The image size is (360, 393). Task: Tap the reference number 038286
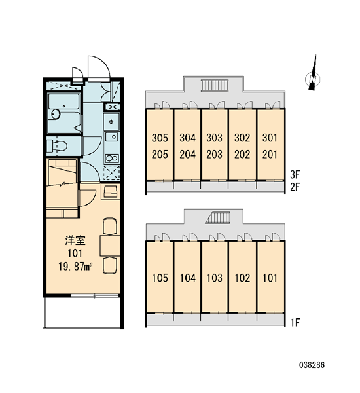click(x=312, y=365)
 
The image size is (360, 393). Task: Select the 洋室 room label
click(x=75, y=240)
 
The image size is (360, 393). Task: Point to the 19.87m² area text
click(x=75, y=267)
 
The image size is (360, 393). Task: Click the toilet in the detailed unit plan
click(x=56, y=145)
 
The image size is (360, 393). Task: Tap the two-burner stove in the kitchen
click(x=112, y=159)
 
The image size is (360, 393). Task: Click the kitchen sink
click(x=112, y=137)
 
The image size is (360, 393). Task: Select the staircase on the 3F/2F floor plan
click(x=215, y=85)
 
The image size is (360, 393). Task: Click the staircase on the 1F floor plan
click(x=217, y=217)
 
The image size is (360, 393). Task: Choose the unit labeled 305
click(x=160, y=138)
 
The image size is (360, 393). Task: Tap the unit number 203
click(x=214, y=155)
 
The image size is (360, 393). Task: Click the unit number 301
click(x=270, y=138)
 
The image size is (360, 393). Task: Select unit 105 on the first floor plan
click(x=160, y=278)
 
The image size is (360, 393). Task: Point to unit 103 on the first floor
click(x=215, y=278)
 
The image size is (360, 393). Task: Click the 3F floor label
click(x=295, y=175)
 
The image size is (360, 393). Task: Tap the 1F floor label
click(x=295, y=322)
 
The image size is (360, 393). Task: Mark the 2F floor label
click(x=295, y=187)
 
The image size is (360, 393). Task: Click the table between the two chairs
click(x=110, y=246)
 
